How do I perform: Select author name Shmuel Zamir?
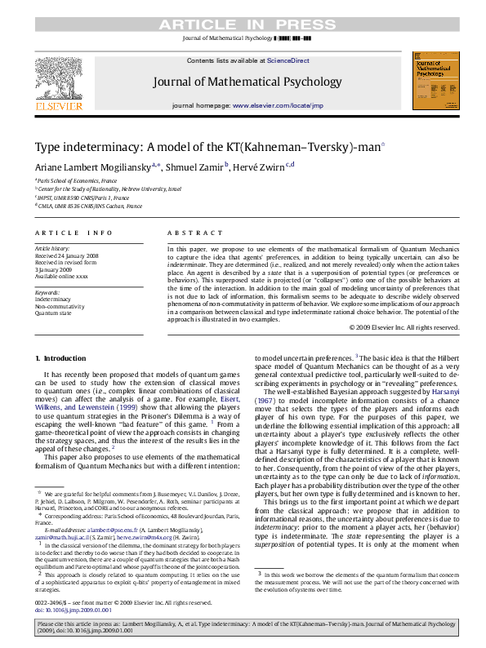click(195, 167)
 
